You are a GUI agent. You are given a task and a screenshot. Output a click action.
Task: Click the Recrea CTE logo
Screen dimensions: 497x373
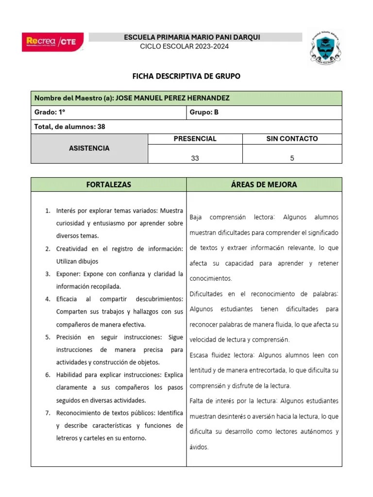pyautogui.click(x=52, y=42)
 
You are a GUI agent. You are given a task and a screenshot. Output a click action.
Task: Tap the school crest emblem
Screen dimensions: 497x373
pyautogui.click(x=326, y=47)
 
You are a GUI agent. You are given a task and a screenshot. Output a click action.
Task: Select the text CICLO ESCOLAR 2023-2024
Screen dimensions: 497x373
pyautogui.click(x=184, y=46)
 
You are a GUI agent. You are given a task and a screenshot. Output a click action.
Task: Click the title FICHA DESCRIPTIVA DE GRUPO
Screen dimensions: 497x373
pyautogui.click(x=186, y=76)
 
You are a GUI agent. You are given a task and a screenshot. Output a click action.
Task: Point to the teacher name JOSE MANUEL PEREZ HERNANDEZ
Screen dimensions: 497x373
pyautogui.click(x=172, y=98)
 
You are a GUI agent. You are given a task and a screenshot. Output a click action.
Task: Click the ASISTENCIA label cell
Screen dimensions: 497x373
pyautogui.click(x=89, y=148)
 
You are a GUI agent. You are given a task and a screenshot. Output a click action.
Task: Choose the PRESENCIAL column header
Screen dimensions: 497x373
pyautogui.click(x=195, y=139)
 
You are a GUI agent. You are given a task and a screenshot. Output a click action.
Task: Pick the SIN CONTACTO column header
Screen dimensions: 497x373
pyautogui.click(x=292, y=139)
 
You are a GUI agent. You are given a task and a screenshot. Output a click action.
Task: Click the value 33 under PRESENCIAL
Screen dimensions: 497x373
pyautogui.click(x=195, y=158)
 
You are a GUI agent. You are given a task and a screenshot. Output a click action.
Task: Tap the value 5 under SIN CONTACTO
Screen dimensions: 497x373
pyautogui.click(x=292, y=158)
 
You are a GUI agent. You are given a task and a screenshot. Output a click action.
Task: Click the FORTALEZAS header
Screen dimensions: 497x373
pyautogui.click(x=108, y=184)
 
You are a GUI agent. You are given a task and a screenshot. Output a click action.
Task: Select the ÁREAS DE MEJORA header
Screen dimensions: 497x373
pyautogui.click(x=264, y=184)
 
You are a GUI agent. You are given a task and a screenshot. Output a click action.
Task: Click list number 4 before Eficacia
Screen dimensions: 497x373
pyautogui.click(x=48, y=299)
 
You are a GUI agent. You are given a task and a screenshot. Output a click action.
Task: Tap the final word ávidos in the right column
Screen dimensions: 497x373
pyautogui.click(x=199, y=447)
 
